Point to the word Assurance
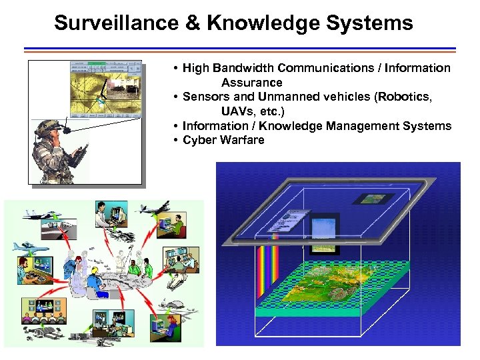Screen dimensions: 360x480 [x=252, y=83]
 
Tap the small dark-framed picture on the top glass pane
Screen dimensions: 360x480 [x=369, y=198]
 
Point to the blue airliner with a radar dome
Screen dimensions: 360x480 [x=29, y=246]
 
